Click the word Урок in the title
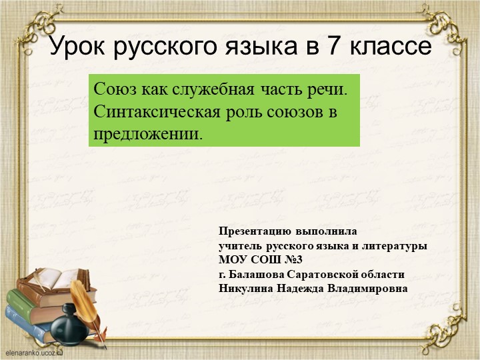click(x=79, y=47)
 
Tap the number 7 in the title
click(x=331, y=47)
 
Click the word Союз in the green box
click(x=115, y=89)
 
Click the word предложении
click(x=147, y=133)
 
